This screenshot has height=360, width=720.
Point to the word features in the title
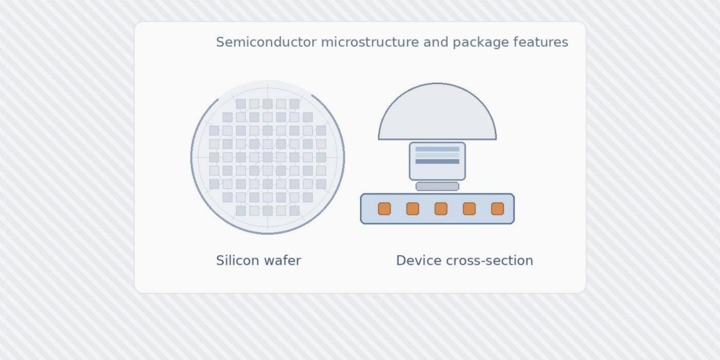(x=541, y=42)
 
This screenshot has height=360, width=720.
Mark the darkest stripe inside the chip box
(x=437, y=161)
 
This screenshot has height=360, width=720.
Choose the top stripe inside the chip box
(x=437, y=150)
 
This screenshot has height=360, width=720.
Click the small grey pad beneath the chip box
(x=437, y=186)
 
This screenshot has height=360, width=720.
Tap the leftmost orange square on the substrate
(x=384, y=209)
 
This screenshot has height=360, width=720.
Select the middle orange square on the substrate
(x=441, y=209)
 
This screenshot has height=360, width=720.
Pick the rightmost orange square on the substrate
(x=497, y=209)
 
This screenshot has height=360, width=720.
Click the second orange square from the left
(x=412, y=209)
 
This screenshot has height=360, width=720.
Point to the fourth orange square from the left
(x=469, y=209)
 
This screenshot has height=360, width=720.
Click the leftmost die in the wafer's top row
(x=241, y=104)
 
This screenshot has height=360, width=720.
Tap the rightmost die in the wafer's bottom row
(x=294, y=210)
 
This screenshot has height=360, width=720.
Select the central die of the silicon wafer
(x=268, y=157)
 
